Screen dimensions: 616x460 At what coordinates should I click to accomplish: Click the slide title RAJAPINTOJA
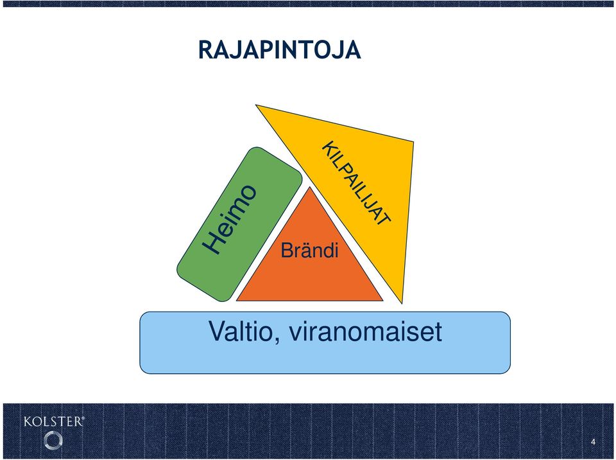click(x=279, y=50)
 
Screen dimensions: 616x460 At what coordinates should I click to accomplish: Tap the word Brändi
click(x=309, y=251)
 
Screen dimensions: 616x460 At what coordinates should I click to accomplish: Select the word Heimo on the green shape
click(x=230, y=219)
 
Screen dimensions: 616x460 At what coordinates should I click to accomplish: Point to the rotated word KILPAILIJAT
click(x=357, y=183)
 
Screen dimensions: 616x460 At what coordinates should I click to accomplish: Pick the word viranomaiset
click(x=365, y=331)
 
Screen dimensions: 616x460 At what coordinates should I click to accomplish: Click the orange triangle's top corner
click(x=309, y=188)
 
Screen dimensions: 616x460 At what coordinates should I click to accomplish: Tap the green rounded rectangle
click(x=239, y=224)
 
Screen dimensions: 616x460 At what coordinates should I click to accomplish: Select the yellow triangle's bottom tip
click(x=402, y=303)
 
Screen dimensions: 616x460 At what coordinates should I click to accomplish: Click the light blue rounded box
click(x=325, y=342)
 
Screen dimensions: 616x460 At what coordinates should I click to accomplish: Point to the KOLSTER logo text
click(x=54, y=422)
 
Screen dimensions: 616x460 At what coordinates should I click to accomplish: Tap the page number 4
click(x=593, y=442)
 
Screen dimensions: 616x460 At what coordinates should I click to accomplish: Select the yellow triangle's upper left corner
click(x=256, y=105)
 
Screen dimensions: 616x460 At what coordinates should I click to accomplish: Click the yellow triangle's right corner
click(x=413, y=141)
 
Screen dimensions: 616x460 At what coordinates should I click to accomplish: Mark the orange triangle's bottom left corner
click(x=237, y=301)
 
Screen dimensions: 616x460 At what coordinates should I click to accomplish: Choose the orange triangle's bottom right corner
click(x=382, y=301)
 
